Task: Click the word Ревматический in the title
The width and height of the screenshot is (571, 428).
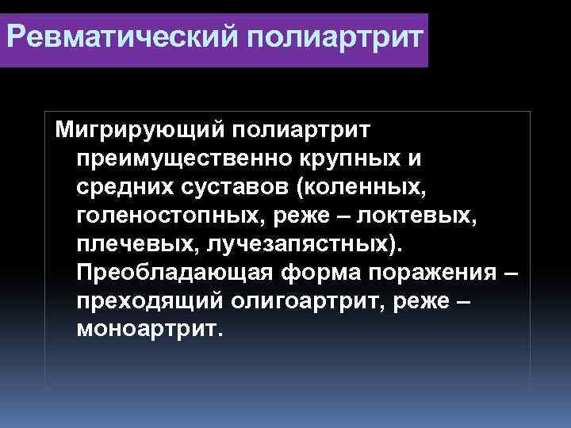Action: (x=110, y=37)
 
